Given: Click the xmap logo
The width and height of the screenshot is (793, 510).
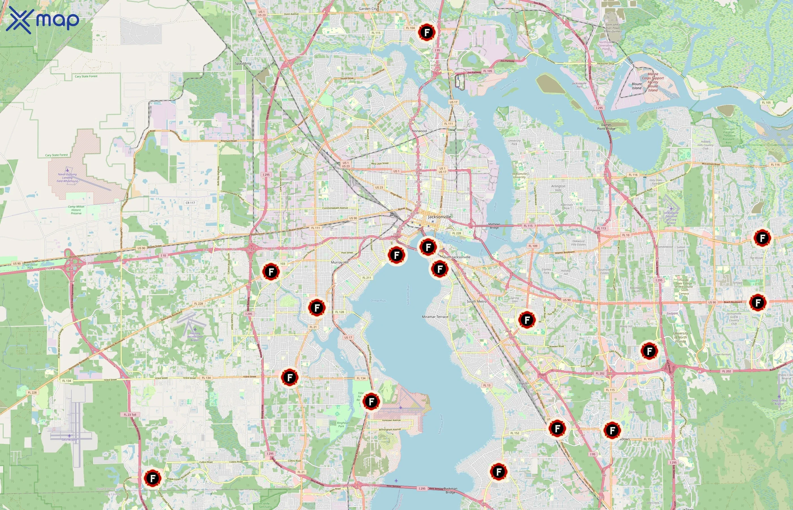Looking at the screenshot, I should pyautogui.click(x=42, y=20).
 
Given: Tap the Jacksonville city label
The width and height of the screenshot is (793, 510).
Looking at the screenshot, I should pyautogui.click(x=439, y=216).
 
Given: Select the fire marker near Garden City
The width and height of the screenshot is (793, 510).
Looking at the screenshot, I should pyautogui.click(x=426, y=32).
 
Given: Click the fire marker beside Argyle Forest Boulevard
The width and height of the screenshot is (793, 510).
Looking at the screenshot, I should pyautogui.click(x=153, y=478).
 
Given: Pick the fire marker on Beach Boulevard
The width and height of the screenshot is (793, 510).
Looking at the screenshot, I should pyautogui.click(x=758, y=302).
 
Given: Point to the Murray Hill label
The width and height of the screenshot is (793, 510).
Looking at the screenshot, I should pyautogui.click(x=340, y=262).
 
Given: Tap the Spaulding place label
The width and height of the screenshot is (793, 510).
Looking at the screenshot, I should pyautogui.click(x=243, y=63).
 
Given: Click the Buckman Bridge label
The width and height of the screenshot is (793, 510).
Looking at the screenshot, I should pyautogui.click(x=450, y=490).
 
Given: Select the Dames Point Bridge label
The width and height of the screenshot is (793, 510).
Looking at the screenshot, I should pyautogui.click(x=606, y=127).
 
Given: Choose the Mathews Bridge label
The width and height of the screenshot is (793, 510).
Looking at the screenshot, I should pyautogui.click(x=494, y=226).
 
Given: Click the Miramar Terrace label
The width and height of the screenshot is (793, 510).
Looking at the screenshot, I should pyautogui.click(x=435, y=316).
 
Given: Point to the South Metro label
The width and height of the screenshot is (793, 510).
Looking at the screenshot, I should pyautogui.click(x=477, y=301).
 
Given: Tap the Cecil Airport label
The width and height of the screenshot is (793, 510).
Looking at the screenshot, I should pyautogui.click(x=69, y=440).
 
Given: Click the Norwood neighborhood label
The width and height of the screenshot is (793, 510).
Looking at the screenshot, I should pyautogui.click(x=419, y=131).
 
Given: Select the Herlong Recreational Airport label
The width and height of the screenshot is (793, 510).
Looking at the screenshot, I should pyautogui.click(x=195, y=337).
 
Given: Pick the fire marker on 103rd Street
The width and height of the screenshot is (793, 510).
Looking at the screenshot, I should pyautogui.click(x=290, y=377).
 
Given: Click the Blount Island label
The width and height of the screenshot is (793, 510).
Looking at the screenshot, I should pyautogui.click(x=636, y=86).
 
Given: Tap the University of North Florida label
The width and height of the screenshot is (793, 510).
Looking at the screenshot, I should pyautogui.click(x=681, y=337).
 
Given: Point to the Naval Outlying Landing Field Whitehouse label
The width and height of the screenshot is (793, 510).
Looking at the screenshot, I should pyautogui.click(x=67, y=177).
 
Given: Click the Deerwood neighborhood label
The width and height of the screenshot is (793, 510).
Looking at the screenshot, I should pyautogui.click(x=636, y=412).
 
